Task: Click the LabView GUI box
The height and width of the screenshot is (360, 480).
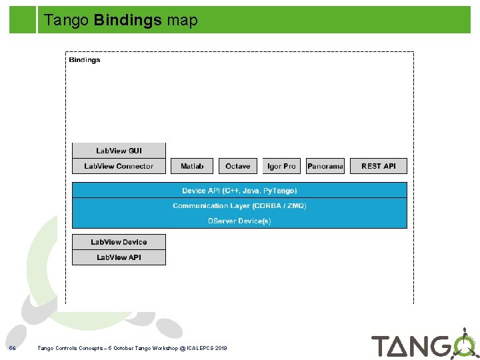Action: [x=119, y=151]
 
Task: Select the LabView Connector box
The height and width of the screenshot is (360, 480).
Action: [x=119, y=166]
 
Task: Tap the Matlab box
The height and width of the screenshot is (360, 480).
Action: [x=192, y=166]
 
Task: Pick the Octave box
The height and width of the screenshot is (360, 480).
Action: [x=237, y=166]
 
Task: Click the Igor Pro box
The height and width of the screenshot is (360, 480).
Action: [x=281, y=166]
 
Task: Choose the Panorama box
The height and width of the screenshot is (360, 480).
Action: [x=325, y=166]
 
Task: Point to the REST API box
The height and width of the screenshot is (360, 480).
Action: [x=379, y=166]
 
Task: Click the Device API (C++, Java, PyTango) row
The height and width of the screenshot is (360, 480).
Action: [x=239, y=191]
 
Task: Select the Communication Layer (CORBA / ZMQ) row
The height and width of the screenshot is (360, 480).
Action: [x=239, y=206]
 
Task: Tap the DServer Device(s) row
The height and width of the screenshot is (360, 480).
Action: [x=239, y=221]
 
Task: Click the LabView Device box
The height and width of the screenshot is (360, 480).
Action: [x=119, y=242]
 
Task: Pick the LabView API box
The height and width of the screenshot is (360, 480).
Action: [x=119, y=257]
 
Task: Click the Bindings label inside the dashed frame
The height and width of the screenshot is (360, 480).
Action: [x=85, y=60]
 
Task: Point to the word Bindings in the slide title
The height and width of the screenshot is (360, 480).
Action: [x=128, y=21]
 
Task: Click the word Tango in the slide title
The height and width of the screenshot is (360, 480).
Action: [x=67, y=21]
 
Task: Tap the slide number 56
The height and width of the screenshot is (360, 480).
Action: [x=12, y=348]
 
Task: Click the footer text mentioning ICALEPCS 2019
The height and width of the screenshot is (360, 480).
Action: [x=132, y=348]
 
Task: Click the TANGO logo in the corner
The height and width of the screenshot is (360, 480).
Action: [x=423, y=344]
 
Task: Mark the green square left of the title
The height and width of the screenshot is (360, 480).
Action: [x=23, y=20]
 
